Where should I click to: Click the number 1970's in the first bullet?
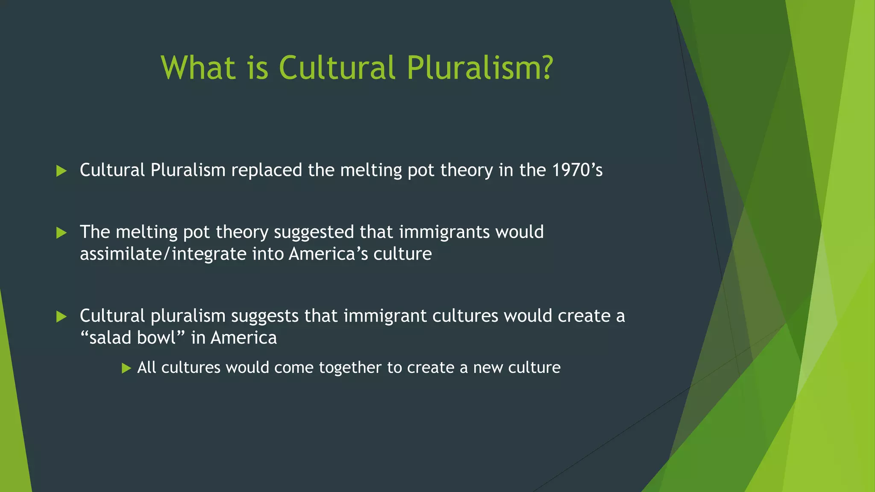(x=577, y=170)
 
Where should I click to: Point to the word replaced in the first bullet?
(x=267, y=170)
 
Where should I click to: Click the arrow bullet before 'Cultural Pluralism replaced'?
(x=62, y=171)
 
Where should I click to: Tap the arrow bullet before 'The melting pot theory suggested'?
(x=62, y=233)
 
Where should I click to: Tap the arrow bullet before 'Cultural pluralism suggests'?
(x=62, y=316)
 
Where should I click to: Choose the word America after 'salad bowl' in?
(x=244, y=338)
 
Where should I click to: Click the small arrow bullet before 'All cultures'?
(x=126, y=368)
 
